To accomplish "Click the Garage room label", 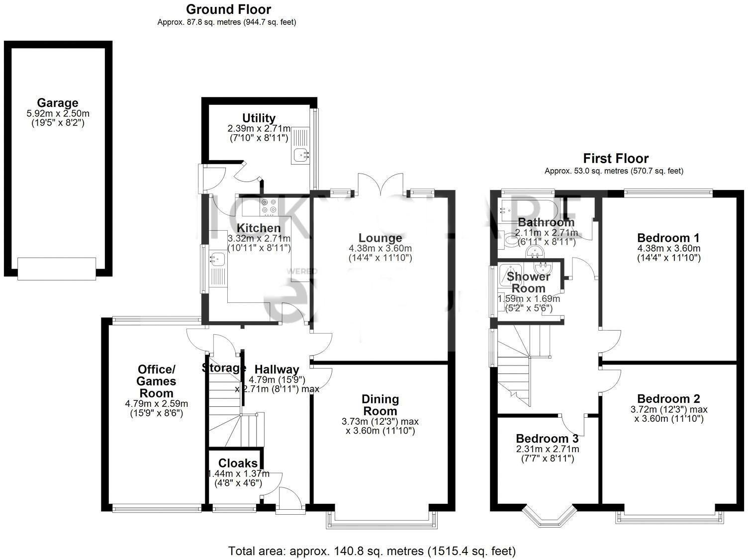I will pos(58,103).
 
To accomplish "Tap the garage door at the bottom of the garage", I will pos(57,269).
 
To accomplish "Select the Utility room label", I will pos(259,118).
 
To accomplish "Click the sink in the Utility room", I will pos(300,155).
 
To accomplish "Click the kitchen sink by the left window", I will pos(217,259).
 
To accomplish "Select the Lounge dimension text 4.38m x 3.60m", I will pos(380,248).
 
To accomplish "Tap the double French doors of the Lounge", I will pos(381,184).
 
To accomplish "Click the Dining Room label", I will pos(380,405).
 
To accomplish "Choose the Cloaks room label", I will pos(238,464).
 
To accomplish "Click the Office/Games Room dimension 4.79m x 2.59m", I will pos(156,403).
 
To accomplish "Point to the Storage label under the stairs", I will pos(224,369).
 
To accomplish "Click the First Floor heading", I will pos(615,159).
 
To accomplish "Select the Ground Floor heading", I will pos(228,9).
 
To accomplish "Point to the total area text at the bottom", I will pos(372,551).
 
